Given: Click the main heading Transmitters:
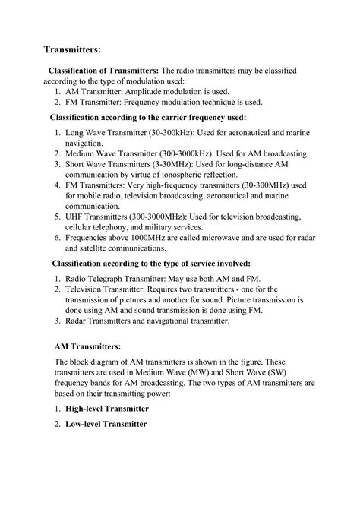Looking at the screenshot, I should tap(72, 50).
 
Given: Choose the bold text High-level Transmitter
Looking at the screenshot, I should tap(107, 409).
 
